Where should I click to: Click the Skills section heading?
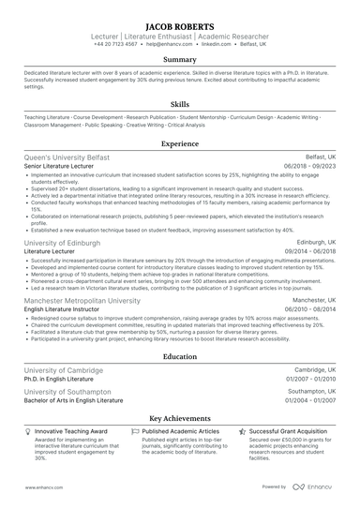click(x=179, y=105)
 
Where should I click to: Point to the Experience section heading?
click(x=179, y=144)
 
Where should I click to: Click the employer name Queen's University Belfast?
click(x=67, y=157)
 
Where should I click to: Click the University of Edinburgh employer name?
click(x=62, y=241)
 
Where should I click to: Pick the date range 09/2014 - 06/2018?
click(x=309, y=250)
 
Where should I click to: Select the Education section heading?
click(x=179, y=357)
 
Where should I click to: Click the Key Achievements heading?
click(x=179, y=418)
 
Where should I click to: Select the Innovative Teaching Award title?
click(x=71, y=431)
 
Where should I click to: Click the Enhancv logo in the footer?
click(x=318, y=487)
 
